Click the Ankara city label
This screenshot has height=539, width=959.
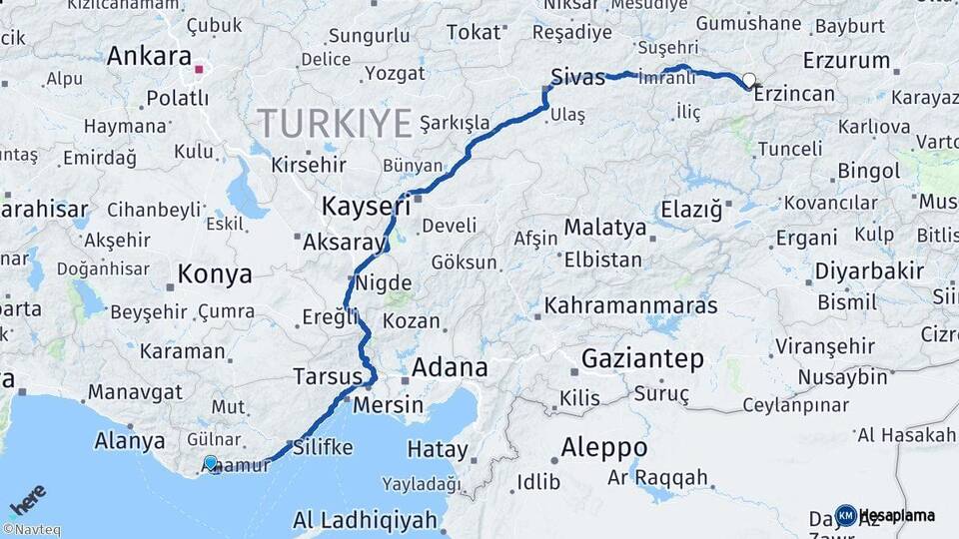[149, 56]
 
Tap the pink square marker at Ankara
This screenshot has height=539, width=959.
[199, 70]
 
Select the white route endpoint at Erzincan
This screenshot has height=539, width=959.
[748, 80]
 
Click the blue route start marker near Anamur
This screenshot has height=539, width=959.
[211, 463]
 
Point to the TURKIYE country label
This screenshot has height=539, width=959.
[335, 123]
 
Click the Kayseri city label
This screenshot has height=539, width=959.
[367, 207]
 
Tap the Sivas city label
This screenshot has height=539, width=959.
[577, 76]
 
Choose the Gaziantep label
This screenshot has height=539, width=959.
[642, 359]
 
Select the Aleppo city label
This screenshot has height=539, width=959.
[603, 446]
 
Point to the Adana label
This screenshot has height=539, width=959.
[450, 367]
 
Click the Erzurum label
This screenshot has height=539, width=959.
[845, 60]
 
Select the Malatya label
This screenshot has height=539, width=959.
[604, 228]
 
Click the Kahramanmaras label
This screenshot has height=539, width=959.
[630, 304]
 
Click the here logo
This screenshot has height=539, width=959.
[28, 500]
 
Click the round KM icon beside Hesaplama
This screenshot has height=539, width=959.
[845, 516]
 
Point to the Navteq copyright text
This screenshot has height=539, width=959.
[31, 530]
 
